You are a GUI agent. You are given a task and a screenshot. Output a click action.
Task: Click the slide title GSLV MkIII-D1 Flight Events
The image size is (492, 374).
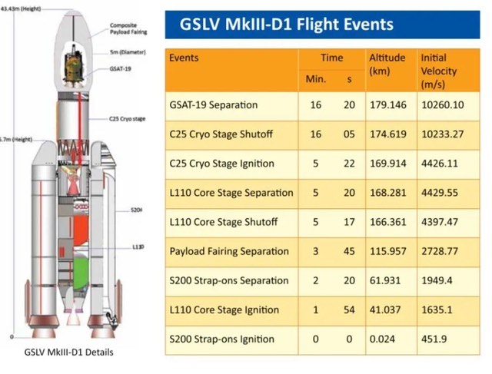click(286, 25)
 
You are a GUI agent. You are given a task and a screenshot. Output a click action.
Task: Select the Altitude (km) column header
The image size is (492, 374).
click(387, 64)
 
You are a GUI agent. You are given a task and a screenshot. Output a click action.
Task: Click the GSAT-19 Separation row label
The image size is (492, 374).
click(214, 104)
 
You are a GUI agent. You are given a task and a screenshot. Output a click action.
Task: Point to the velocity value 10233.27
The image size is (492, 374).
click(442, 134)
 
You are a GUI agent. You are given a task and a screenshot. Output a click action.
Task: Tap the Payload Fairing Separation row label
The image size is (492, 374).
click(229, 251)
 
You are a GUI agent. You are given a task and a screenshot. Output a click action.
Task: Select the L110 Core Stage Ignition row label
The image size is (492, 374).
click(224, 309)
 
